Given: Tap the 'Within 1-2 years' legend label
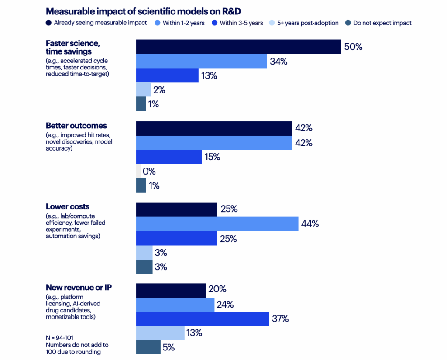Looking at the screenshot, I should click(x=183, y=23).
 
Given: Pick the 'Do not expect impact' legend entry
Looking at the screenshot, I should click(x=382, y=23).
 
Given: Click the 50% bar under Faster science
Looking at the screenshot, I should click(x=238, y=47).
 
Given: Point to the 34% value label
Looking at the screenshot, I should click(x=279, y=62).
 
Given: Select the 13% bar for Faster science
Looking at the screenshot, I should click(x=167, y=75).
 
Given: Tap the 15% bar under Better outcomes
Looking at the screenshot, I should click(x=169, y=157).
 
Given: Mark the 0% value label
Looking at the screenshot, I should click(x=149, y=171).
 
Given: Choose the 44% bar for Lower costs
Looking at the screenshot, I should click(x=217, y=224).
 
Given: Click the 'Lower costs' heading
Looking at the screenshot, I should click(x=68, y=206).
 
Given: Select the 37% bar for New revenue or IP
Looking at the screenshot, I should click(x=203, y=319).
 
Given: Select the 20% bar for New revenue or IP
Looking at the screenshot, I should click(x=171, y=290).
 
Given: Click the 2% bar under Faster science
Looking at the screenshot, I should click(x=143, y=89).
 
